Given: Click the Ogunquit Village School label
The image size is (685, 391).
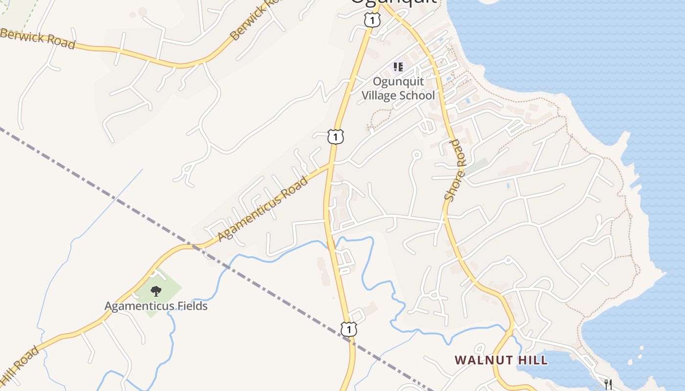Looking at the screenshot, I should click(x=398, y=88).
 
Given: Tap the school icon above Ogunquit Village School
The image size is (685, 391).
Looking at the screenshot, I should click(x=398, y=66).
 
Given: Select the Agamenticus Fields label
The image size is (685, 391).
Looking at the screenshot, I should click(x=156, y=306).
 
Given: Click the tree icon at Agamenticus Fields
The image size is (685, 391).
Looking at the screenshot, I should click(x=156, y=291).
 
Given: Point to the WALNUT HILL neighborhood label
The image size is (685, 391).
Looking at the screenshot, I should click(x=501, y=360).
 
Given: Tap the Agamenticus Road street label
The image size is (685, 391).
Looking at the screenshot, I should click(x=263, y=209).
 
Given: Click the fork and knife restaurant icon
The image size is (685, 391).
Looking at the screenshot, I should click(x=608, y=384).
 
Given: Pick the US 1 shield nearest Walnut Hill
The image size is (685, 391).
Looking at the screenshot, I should click(x=348, y=329).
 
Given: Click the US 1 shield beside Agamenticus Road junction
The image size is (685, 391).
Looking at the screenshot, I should click(x=336, y=137).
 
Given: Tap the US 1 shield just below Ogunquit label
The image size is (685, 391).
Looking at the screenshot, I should click(x=372, y=20).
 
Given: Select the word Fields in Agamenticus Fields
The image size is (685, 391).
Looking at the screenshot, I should click(x=188, y=306).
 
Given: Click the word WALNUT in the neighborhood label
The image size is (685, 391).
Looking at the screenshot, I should click(x=478, y=360).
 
